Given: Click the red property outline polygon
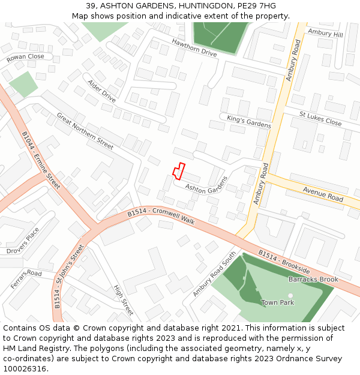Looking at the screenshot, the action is pyautogui.click(x=178, y=171).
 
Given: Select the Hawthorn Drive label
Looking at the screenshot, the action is pyautogui.click(x=194, y=48).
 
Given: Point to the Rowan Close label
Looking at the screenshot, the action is pyautogui.click(x=26, y=57).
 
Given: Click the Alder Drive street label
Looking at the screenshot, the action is pyautogui.click(x=101, y=91).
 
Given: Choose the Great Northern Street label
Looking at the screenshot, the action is pyautogui.click(x=85, y=130).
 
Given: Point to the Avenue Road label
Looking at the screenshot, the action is pyautogui.click(x=323, y=194).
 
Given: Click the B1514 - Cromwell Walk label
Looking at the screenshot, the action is pyautogui.click(x=161, y=217).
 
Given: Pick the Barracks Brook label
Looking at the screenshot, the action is pyautogui.click(x=313, y=280).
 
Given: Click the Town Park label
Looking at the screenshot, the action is pyautogui.click(x=278, y=302).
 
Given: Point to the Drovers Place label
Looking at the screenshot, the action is pyautogui.click(x=23, y=240).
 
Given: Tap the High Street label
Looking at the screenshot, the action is pyautogui.click(x=123, y=300).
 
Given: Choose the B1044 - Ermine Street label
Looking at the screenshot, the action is pyautogui.click(x=41, y=160).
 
